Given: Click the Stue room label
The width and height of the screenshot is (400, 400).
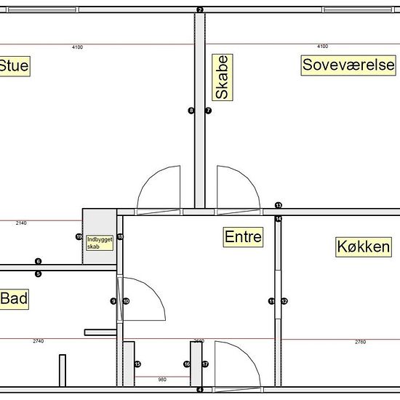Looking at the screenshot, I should [x=14, y=67].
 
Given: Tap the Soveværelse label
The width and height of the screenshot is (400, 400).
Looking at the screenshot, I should [x=348, y=65].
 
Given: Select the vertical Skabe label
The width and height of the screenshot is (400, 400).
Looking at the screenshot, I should [x=223, y=77].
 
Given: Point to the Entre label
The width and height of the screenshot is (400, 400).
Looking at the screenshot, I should [x=243, y=236].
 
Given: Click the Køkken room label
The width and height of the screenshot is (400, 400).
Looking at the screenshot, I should [x=363, y=247].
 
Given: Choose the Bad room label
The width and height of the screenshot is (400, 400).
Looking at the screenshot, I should [x=14, y=299].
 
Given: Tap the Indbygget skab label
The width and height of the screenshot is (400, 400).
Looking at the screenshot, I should [x=100, y=242].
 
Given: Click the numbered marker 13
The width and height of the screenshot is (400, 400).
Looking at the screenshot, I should [x=279, y=206].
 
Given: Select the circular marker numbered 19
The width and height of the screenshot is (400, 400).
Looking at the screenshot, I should [x=79, y=237].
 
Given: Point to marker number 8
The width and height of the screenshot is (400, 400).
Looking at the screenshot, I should [x=191, y=111].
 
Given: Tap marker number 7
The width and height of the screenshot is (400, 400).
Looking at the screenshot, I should [x=208, y=111].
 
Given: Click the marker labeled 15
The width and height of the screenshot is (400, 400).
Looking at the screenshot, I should [x=137, y=364].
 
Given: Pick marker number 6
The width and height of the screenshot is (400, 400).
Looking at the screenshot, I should [x=39, y=261].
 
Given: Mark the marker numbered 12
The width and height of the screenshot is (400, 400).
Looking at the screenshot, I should [x=284, y=301].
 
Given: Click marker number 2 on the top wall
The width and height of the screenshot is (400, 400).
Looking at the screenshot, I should [x=200, y=9].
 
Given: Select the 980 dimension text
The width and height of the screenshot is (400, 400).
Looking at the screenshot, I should [x=161, y=379].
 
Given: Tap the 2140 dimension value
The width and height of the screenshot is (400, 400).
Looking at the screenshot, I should [x=21, y=223].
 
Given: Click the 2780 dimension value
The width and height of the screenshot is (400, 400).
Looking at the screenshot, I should [x=360, y=342].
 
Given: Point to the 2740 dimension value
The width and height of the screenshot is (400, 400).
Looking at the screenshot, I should [x=39, y=341].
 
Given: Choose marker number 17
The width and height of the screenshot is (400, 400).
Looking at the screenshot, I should [x=205, y=364].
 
